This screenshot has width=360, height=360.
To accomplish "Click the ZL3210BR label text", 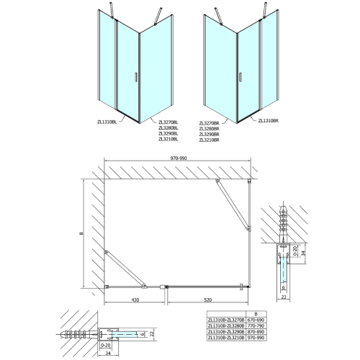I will coord(229,139).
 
